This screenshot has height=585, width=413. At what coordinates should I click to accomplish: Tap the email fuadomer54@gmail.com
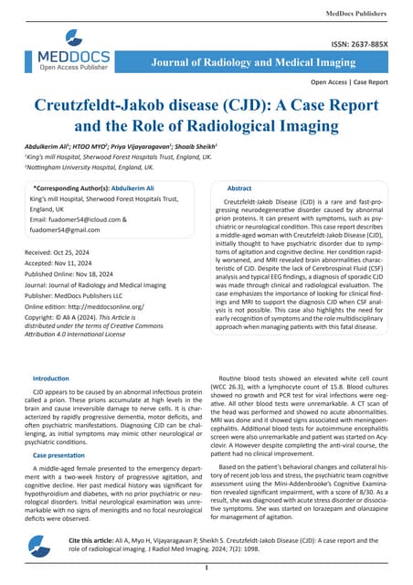pos(69,230)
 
